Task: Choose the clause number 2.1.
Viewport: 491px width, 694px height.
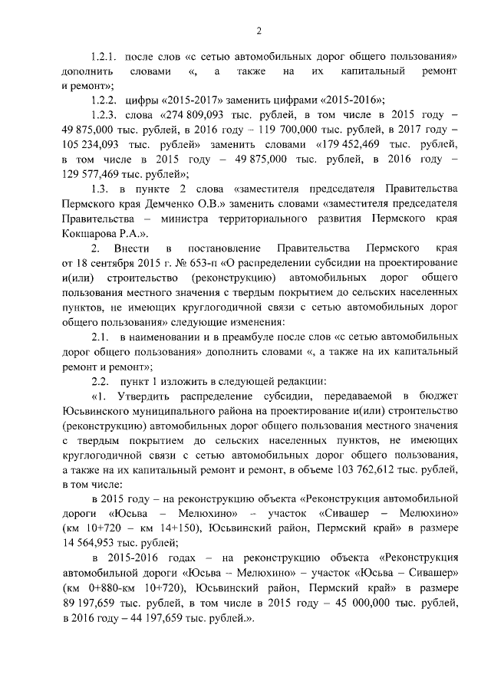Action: (101, 336)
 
